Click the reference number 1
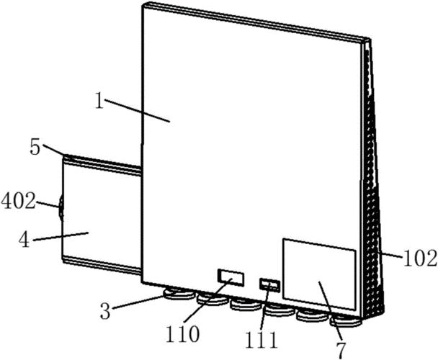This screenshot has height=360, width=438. pyautogui.click(x=99, y=101)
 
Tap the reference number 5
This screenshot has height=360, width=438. pyautogui.click(x=35, y=148)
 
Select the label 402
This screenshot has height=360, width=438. pyautogui.click(x=19, y=202)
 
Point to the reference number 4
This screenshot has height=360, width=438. pyautogui.click(x=24, y=240)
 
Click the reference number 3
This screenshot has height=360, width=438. pyautogui.click(x=105, y=311)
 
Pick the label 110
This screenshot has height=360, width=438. pyautogui.click(x=182, y=334)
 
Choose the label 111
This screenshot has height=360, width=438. pyautogui.click(x=262, y=340)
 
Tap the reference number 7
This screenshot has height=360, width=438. pyautogui.click(x=341, y=351)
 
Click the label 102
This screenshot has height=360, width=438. pyautogui.click(x=420, y=258)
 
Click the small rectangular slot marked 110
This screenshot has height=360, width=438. pyautogui.click(x=231, y=278)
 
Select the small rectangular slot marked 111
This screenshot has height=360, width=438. pyautogui.click(x=269, y=285)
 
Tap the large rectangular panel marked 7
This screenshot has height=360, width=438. pyautogui.click(x=319, y=274)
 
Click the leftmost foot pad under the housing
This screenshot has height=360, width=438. pyautogui.click(x=178, y=294)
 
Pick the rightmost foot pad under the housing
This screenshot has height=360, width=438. pyautogui.click(x=347, y=320)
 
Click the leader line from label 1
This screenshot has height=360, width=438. pyautogui.click(x=137, y=111)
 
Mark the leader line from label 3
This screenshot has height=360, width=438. pyautogui.click(x=139, y=302)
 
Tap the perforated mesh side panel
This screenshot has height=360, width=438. pyautogui.click(x=372, y=179)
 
